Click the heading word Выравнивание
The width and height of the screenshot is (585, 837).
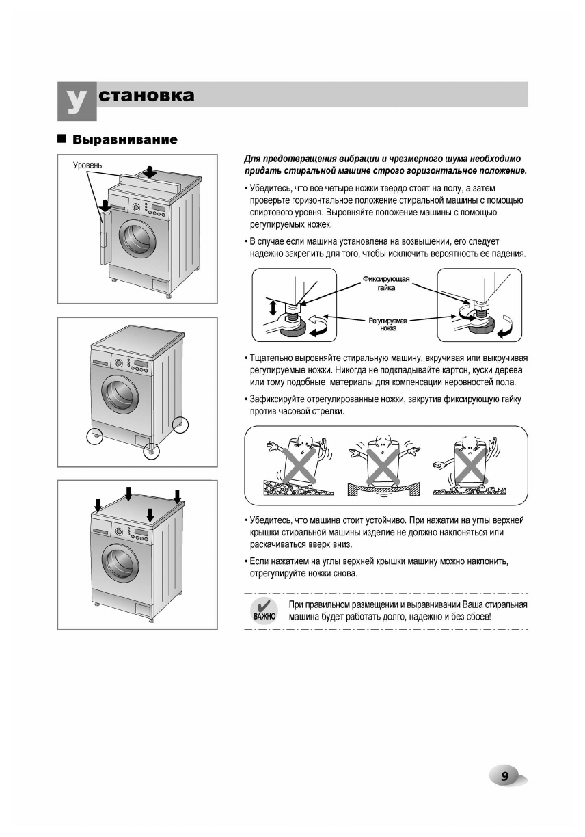click(x=125, y=140)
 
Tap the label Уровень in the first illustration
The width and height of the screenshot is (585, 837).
click(x=87, y=166)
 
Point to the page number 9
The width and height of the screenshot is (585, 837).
click(x=504, y=776)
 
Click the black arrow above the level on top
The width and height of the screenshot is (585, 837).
click(x=150, y=170)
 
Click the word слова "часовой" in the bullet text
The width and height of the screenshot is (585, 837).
click(x=294, y=412)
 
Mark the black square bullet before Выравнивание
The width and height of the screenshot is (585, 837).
click(x=62, y=139)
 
